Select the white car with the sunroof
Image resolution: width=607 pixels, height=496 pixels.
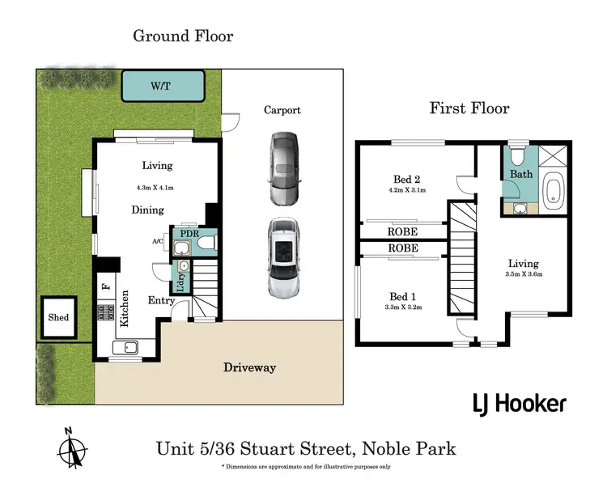[x=282, y=258]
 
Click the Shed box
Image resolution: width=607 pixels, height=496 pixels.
[x=59, y=318]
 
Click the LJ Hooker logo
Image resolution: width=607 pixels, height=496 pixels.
[x=519, y=404]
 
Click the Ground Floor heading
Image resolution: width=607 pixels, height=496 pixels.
[x=183, y=36]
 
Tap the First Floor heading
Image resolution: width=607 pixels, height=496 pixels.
[x=469, y=108]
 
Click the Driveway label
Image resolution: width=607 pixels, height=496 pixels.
[x=249, y=367]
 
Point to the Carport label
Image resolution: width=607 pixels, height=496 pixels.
[x=282, y=110]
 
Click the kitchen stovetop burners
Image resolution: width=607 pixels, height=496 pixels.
[x=104, y=312]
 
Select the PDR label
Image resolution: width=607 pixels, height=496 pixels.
[x=189, y=234]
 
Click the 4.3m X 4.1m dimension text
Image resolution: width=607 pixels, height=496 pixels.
[x=155, y=188]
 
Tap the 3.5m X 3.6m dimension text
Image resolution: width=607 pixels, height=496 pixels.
[x=523, y=275]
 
